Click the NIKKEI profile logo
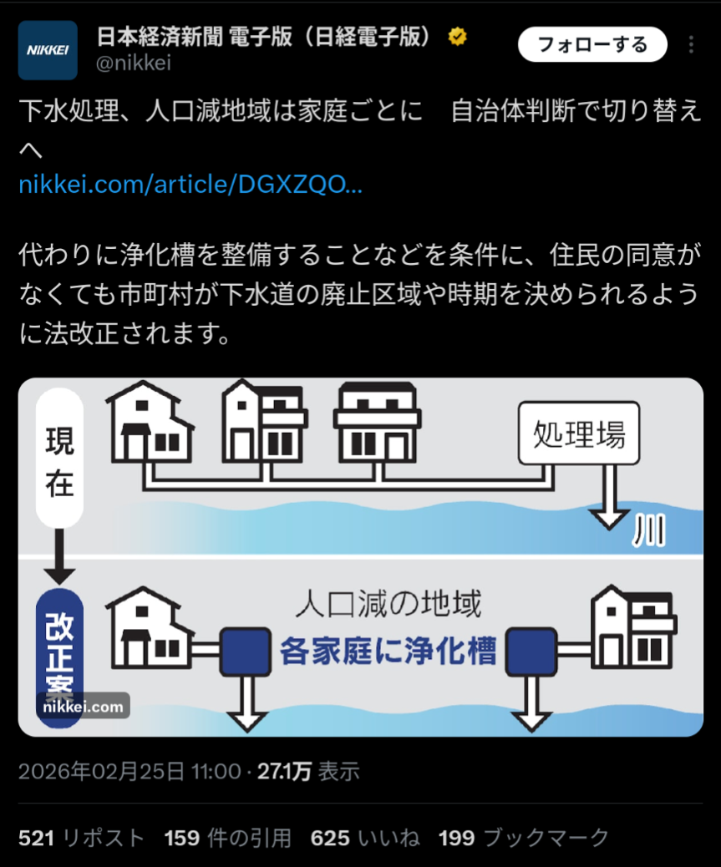[48, 50]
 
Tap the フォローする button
[592, 44]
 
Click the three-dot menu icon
[690, 44]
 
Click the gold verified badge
[457, 37]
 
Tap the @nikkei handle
[134, 64]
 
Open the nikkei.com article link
[190, 184]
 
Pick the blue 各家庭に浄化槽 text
[388, 650]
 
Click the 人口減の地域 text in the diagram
[388, 603]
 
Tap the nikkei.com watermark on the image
[83, 707]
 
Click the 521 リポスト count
[81, 837]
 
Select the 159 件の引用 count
[227, 837]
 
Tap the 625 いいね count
[363, 837]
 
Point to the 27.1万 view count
[284, 771]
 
